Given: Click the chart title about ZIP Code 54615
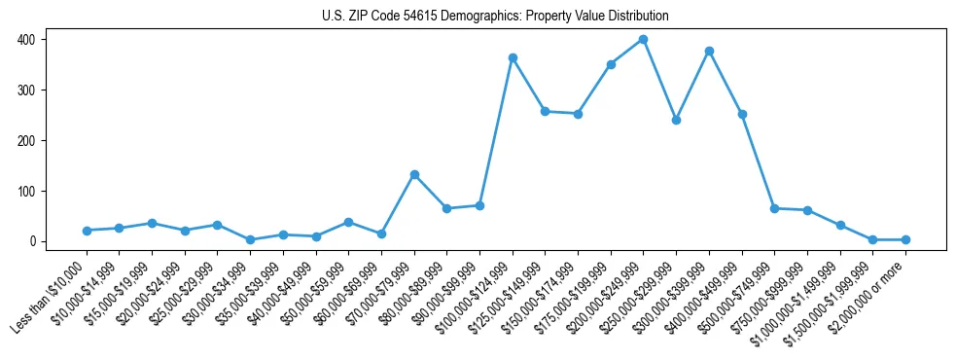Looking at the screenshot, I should pyautogui.click(x=496, y=17).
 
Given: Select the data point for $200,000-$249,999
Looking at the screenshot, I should pyautogui.click(x=643, y=40).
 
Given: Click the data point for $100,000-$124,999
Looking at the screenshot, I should pyautogui.click(x=513, y=58).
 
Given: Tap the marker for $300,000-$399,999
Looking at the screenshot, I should pyautogui.click(x=709, y=51).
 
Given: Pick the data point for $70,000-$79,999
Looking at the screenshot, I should pyautogui.click(x=414, y=174).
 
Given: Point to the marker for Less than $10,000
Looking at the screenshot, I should pyautogui.click(x=87, y=231).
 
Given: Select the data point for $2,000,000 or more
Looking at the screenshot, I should pyautogui.click(x=905, y=239).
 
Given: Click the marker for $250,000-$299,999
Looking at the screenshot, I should pyautogui.click(x=676, y=120).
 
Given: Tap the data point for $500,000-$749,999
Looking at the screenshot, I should pyautogui.click(x=774, y=208).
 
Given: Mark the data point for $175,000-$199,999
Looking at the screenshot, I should pyautogui.click(x=611, y=64).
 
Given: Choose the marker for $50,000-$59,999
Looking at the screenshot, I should pyautogui.click(x=348, y=222).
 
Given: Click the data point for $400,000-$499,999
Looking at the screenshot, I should pyautogui.click(x=742, y=114).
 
